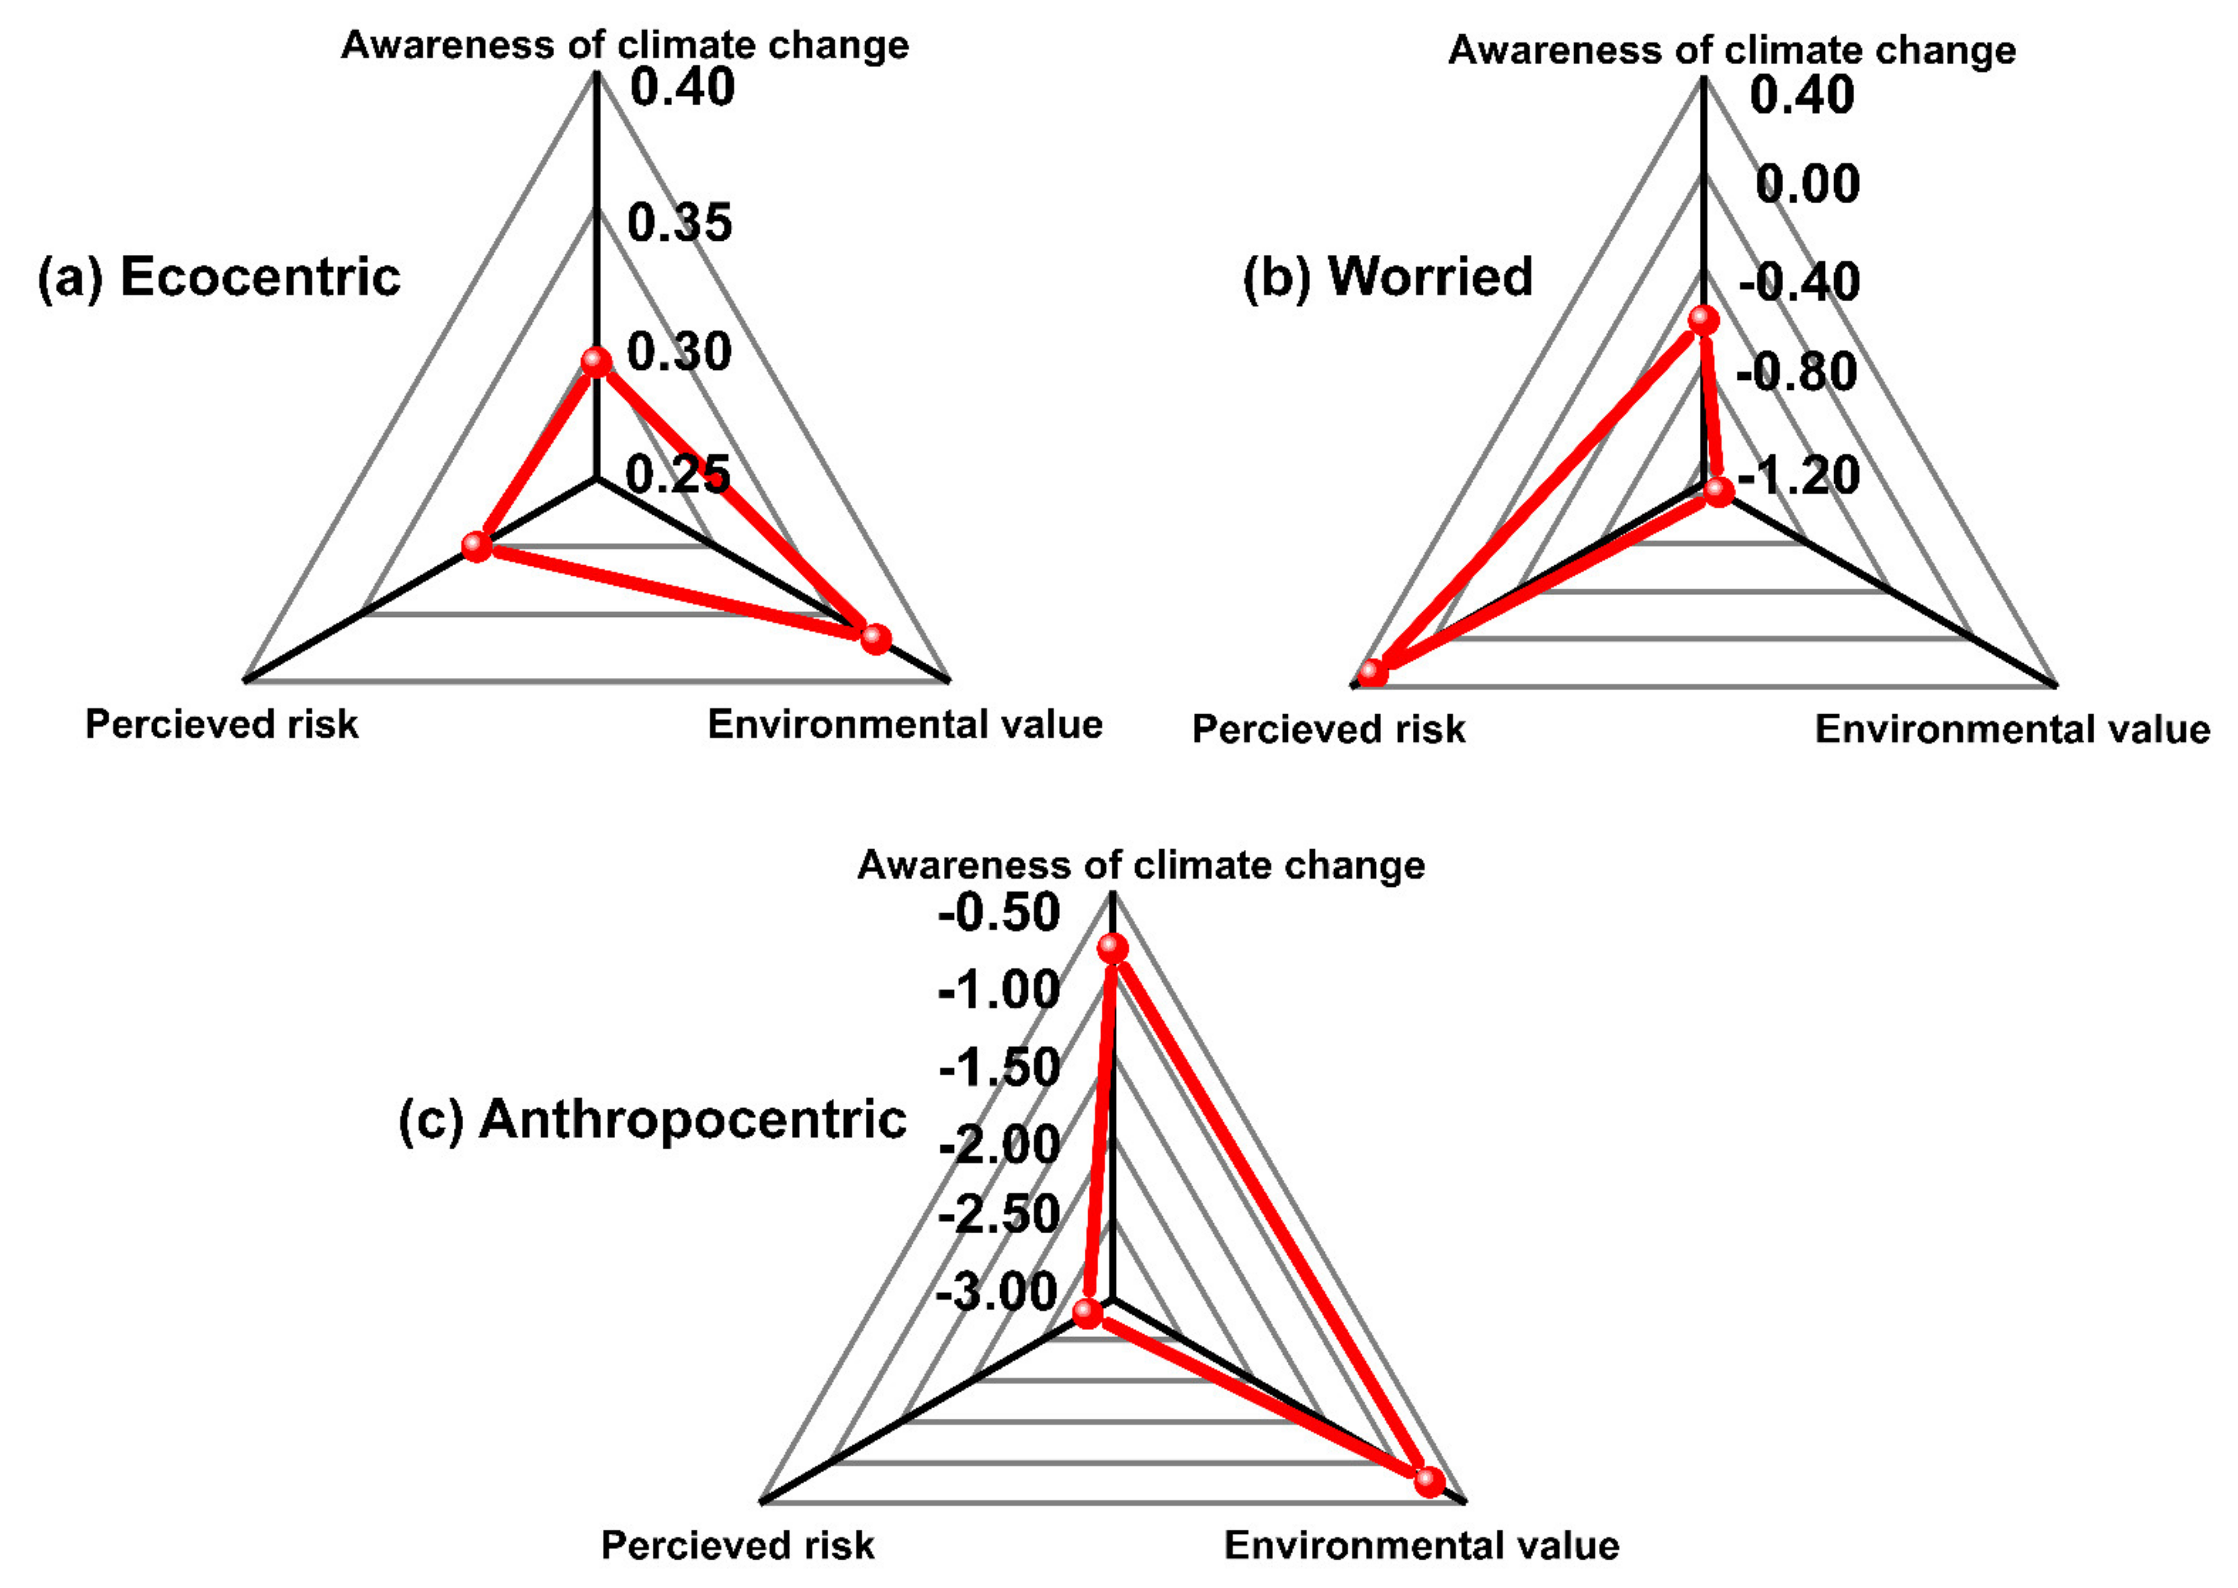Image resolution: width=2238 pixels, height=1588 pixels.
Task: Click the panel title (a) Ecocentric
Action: pos(219,277)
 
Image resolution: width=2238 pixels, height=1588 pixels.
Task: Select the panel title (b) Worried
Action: pos(1387,277)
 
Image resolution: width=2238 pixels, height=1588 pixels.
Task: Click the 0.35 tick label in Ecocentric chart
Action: pos(679,223)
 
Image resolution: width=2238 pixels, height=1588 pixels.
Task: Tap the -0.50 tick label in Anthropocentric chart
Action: pos(998,913)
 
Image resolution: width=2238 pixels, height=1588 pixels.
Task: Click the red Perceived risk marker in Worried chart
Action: pos(1373,674)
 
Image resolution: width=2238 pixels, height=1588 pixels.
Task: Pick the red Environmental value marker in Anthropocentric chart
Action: pos(1429,1481)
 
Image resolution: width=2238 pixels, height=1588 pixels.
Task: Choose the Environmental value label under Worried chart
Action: pos(2012,729)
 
